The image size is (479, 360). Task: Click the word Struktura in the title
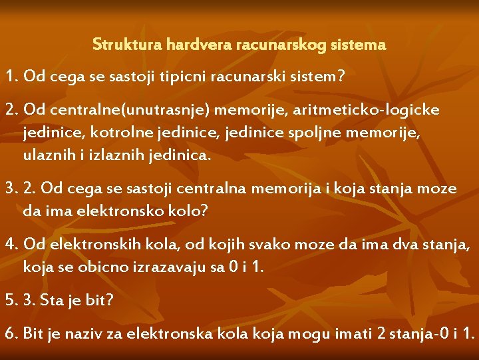(x=118, y=45)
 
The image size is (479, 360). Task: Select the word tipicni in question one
(x=182, y=77)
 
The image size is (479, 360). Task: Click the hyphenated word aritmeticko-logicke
(x=365, y=109)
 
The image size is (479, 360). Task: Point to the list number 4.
(x=10, y=245)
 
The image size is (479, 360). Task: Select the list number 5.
(x=10, y=300)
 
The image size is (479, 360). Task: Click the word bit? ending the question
(x=99, y=300)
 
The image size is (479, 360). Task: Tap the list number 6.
(x=10, y=333)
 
